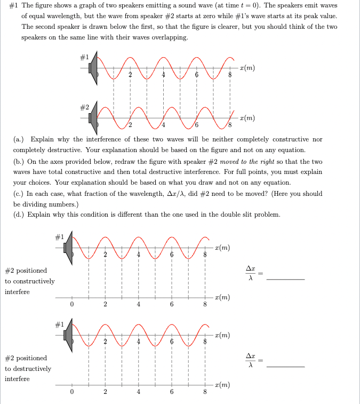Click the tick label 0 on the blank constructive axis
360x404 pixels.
71,305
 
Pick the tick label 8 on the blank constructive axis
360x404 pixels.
204,305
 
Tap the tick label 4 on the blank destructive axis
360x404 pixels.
138,392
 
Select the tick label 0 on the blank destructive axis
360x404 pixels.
71,392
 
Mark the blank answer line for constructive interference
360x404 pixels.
285,279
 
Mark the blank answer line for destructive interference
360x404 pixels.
285,367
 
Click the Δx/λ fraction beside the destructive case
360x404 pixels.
250,361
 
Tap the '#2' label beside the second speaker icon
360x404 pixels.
84,107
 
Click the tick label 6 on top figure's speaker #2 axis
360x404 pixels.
197,125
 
